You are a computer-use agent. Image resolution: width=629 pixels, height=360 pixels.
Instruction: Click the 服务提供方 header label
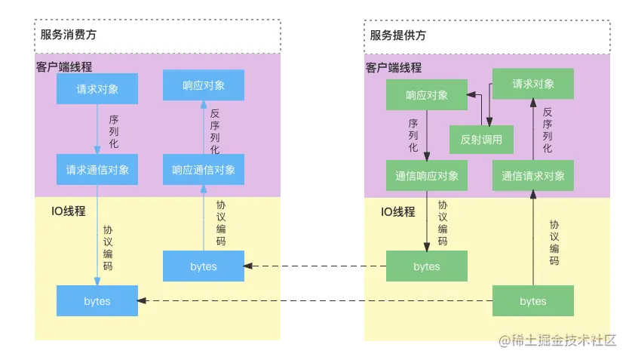pos(397,35)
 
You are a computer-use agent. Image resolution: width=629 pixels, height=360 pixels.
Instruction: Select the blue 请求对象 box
pos(97,89)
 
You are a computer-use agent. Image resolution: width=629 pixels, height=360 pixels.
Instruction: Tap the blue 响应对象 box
pos(204,85)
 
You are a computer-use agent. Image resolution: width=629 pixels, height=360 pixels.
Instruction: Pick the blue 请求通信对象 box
pos(97,170)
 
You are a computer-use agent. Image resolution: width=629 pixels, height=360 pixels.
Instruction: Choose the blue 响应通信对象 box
pos(204,170)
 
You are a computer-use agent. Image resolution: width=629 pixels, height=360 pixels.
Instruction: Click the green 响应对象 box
pos(427,95)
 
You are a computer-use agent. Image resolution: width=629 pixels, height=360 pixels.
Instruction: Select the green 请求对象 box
pos(533,84)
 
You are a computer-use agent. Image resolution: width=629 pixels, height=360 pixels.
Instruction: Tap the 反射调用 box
pos(481,140)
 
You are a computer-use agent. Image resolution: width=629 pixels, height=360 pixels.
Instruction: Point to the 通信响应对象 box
pos(427,175)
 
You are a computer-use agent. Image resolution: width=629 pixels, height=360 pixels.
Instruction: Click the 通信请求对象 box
pos(533,175)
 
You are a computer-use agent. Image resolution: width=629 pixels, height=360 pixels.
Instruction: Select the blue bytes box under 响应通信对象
pos(204,266)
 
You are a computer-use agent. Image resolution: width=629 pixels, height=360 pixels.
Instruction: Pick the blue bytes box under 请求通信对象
pos(97,301)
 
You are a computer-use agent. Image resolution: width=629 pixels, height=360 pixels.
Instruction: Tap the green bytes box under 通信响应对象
pos(427,266)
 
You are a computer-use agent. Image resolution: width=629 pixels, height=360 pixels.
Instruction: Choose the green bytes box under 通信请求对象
pos(533,301)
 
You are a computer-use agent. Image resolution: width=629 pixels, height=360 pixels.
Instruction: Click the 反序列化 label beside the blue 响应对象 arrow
pos(215,132)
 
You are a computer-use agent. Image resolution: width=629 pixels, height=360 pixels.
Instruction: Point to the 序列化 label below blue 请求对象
pos(113,131)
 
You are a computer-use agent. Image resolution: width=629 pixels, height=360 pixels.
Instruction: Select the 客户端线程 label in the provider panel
pos(394,68)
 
